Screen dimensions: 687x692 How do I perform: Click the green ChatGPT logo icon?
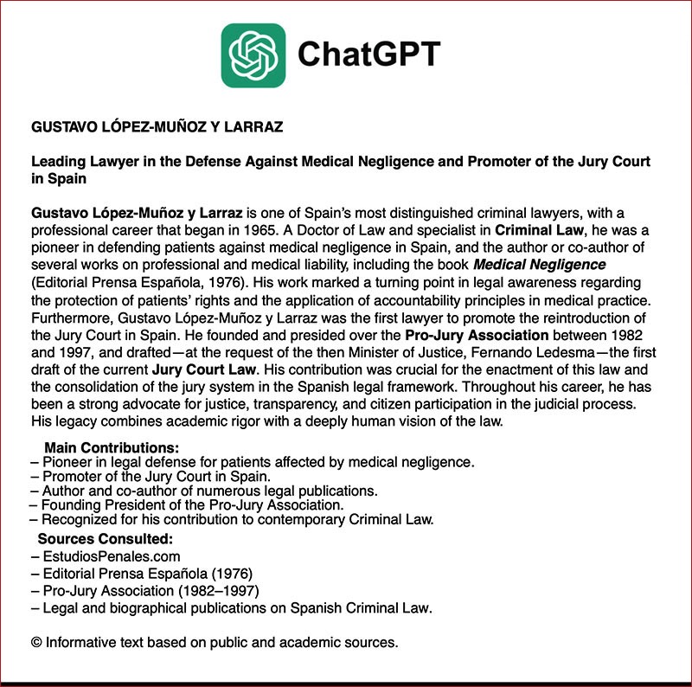(253, 55)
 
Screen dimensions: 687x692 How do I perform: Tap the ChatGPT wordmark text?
(368, 55)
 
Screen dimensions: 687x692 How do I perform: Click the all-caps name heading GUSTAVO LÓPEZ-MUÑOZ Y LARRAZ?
(157, 127)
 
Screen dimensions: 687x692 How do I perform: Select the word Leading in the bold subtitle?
(58, 162)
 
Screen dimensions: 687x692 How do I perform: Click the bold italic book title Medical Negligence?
(540, 264)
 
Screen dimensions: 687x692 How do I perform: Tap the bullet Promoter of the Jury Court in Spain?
(151, 477)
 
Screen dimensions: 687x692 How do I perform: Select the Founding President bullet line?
(187, 505)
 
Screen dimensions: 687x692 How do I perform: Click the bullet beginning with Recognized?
(232, 520)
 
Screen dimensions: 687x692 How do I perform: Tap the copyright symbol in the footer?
(36, 643)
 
